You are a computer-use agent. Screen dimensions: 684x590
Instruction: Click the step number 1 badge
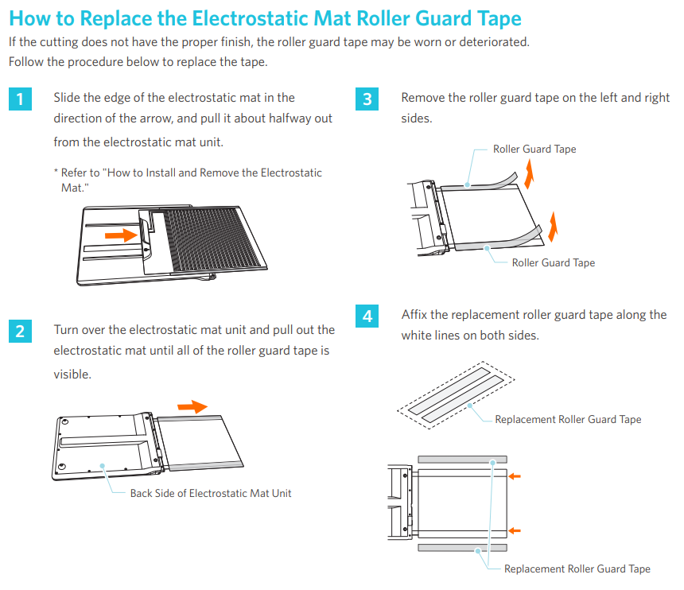[x=20, y=99]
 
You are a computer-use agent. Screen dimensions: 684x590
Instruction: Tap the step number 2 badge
[x=20, y=332]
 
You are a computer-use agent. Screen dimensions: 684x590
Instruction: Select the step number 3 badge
[x=367, y=99]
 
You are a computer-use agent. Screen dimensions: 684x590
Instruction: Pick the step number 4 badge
[x=367, y=316]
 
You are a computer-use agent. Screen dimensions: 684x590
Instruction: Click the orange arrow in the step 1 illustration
[x=121, y=235]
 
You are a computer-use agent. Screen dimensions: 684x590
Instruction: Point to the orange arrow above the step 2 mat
[x=192, y=407]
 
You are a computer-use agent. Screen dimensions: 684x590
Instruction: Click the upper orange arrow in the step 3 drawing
[x=529, y=174]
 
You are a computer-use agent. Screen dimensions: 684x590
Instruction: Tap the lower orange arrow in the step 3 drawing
[x=553, y=227]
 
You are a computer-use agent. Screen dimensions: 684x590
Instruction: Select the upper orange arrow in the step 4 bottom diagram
[x=515, y=476]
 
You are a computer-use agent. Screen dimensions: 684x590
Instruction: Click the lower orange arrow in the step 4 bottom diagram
[x=515, y=530]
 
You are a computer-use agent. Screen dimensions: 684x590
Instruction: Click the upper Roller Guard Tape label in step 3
[x=534, y=149]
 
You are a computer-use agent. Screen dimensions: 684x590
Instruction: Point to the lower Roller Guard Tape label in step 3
[x=553, y=263]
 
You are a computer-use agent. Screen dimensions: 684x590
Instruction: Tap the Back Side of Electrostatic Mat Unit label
[x=211, y=493]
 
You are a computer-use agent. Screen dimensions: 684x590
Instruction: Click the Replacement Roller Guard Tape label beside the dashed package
[x=568, y=420]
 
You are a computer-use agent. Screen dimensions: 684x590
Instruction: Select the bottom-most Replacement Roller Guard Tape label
[x=577, y=569]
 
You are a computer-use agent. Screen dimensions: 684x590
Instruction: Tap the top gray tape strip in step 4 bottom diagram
[x=462, y=459]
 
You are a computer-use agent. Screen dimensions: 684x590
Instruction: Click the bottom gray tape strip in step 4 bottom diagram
[x=462, y=548]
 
